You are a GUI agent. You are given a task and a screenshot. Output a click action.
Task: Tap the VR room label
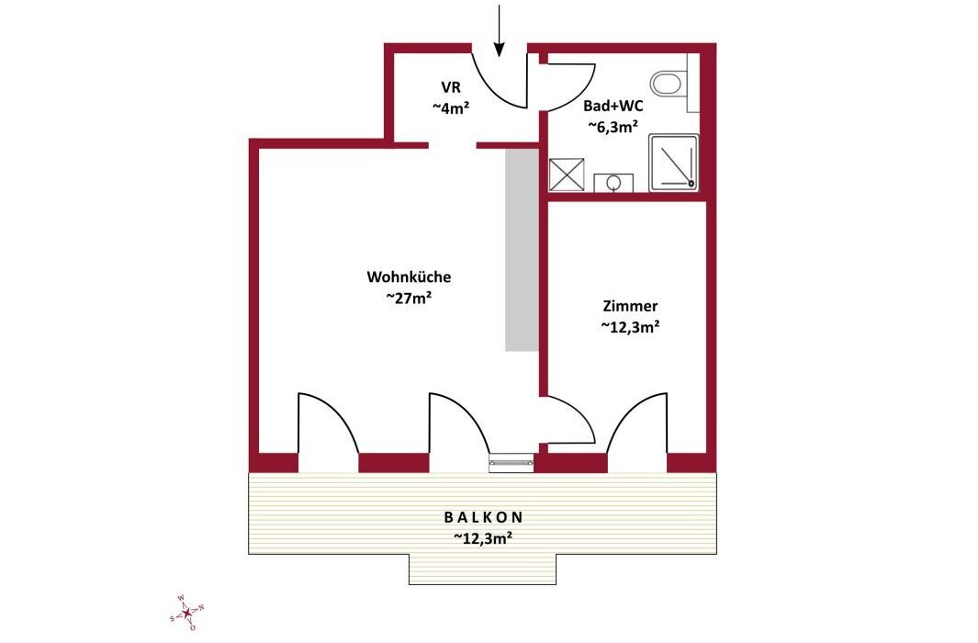[451, 86]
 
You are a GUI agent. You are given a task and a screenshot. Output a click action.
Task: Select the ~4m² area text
[451, 107]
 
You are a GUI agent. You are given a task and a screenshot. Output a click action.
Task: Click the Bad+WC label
[613, 106]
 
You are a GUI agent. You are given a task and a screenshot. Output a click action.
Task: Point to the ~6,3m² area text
[613, 127]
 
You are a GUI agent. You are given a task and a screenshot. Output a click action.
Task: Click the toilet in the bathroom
[669, 83]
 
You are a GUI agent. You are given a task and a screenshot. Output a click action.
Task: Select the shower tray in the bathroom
[674, 163]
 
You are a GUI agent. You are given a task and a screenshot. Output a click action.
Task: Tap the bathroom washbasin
[613, 184]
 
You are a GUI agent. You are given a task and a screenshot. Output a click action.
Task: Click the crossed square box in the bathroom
[567, 175]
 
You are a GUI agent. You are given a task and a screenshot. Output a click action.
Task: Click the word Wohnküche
[409, 276]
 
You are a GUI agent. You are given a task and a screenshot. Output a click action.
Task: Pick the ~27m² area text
[410, 298]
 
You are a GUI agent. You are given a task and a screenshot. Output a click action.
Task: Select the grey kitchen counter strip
[522, 250]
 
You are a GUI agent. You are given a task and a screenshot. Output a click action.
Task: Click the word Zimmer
[630, 306]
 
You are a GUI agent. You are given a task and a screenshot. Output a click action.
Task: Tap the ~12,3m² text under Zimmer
[631, 326]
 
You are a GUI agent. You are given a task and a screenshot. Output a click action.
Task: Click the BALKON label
[483, 517]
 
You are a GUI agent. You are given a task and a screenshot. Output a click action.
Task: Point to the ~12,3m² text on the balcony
[483, 537]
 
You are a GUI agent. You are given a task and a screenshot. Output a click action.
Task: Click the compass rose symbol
[187, 613]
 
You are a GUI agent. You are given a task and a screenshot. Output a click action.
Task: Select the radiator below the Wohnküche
[511, 462]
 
